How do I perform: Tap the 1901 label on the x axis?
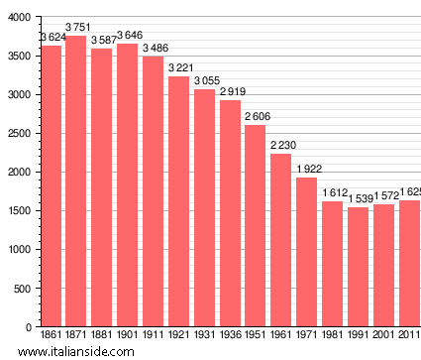[128, 335]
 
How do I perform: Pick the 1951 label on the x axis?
[256, 335]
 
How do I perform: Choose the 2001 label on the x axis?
[383, 335]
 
